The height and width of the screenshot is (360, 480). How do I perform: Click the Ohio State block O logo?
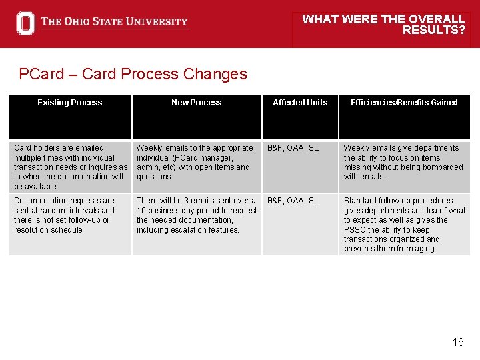(x=25, y=23)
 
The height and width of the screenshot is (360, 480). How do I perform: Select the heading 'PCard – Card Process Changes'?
(x=133, y=74)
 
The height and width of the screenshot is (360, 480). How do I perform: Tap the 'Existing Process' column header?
(x=69, y=103)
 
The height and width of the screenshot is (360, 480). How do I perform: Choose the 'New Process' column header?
(x=196, y=103)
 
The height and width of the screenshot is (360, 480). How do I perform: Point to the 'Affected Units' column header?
(x=300, y=103)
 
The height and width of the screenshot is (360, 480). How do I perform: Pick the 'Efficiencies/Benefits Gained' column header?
(x=404, y=103)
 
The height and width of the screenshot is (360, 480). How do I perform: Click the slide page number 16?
(x=457, y=342)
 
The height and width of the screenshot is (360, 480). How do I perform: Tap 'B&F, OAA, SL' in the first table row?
(x=293, y=148)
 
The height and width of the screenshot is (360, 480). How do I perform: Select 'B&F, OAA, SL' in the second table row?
(x=293, y=201)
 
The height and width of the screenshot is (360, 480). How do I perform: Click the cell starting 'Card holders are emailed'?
(x=70, y=167)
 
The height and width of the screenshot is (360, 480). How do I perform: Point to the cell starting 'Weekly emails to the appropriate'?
(x=195, y=162)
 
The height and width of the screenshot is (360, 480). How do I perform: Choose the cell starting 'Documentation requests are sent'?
(x=65, y=215)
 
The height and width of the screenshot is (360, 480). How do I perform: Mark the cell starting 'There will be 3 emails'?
(x=196, y=215)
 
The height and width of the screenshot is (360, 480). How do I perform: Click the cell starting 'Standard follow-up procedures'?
(x=404, y=225)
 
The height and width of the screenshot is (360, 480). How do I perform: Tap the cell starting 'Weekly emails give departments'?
(x=403, y=162)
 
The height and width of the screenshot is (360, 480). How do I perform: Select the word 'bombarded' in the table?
(x=445, y=167)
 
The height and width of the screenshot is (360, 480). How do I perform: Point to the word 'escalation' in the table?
(x=191, y=230)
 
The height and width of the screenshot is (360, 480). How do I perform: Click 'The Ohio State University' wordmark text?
(x=114, y=22)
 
